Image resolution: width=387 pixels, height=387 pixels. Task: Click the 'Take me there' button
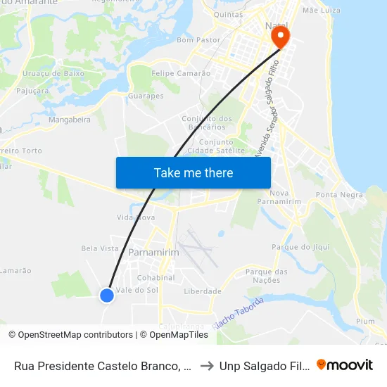tap(193, 172)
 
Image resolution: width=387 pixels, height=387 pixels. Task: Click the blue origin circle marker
tap(107, 296)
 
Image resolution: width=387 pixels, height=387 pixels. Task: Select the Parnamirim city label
tap(153, 252)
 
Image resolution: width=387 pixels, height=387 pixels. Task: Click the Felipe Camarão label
tap(181, 73)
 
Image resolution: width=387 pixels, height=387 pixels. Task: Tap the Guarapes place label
tap(146, 96)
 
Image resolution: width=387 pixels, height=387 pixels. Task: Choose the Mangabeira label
tap(70, 120)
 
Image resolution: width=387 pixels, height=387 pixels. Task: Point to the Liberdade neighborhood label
tap(203, 291)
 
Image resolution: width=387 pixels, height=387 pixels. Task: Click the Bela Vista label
tap(100, 248)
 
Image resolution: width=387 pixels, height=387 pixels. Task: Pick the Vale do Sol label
tap(137, 290)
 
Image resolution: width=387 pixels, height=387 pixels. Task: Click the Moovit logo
tap(344, 365)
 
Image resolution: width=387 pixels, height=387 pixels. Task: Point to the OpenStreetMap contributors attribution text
tap(70, 335)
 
